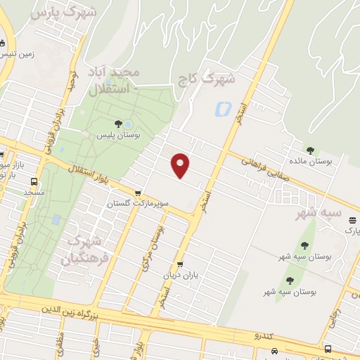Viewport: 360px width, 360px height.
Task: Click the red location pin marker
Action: (x=181, y=165)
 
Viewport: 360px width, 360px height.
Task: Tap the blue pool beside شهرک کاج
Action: (x=224, y=109)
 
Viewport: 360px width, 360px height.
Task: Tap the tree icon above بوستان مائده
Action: (x=310, y=150)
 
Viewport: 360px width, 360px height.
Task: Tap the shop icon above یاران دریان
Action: (x=180, y=264)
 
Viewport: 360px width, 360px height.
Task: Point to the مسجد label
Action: (x=34, y=191)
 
